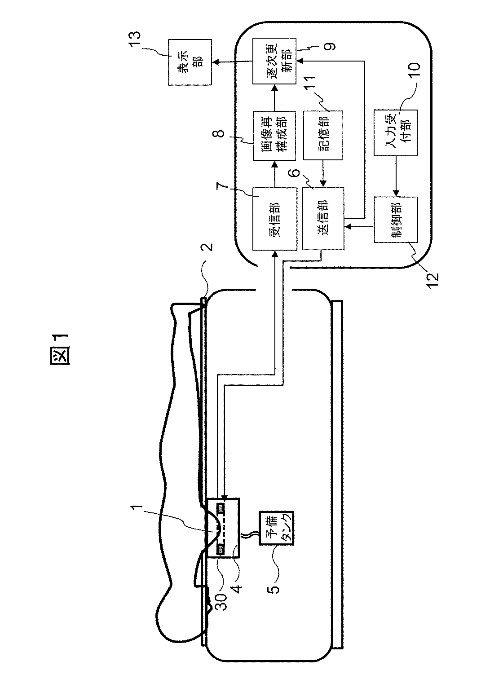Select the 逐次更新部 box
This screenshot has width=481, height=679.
point(274,61)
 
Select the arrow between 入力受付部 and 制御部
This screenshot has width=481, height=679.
point(396,176)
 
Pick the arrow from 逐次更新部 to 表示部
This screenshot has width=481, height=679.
point(232,62)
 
